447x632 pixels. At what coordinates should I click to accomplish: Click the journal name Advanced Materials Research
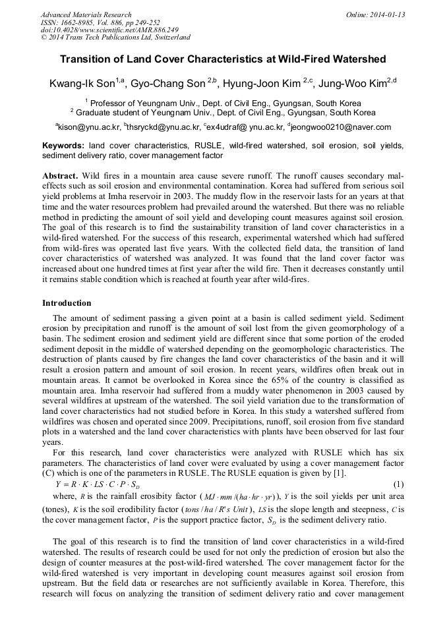click(x=86, y=14)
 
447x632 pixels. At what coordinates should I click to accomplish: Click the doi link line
click(x=109, y=30)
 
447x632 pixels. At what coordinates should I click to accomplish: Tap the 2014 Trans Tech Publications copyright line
click(x=115, y=38)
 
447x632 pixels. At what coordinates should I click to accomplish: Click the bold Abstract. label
click(x=61, y=177)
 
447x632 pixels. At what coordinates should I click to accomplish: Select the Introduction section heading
click(x=67, y=303)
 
